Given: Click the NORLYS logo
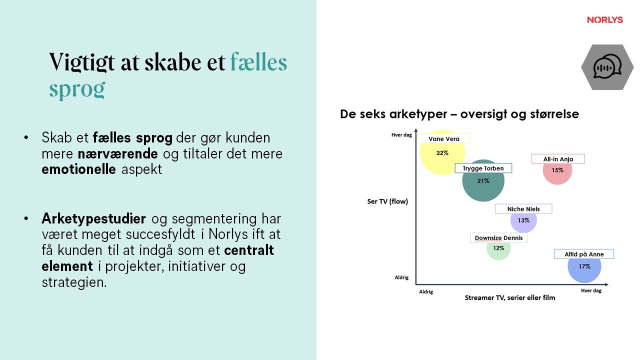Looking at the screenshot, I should [605, 20].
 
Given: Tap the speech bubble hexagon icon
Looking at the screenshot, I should [607, 67].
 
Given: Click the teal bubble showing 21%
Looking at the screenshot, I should [483, 181].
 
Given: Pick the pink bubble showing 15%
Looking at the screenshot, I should [557, 170].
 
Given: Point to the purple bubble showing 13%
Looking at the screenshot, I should [523, 220].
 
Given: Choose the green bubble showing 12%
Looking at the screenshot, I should [498, 248].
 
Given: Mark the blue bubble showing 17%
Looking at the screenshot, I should [584, 266].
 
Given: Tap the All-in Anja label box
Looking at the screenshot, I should [557, 159].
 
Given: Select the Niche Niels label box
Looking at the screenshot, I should [523, 209].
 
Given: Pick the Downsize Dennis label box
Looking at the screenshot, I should [498, 238].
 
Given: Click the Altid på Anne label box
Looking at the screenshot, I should [584, 254].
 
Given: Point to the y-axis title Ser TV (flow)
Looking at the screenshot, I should [387, 201].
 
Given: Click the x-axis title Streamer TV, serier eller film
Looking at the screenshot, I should [510, 297].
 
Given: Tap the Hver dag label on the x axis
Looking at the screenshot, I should [591, 290].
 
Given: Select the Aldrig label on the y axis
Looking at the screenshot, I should [401, 277].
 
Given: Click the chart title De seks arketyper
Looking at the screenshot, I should [459, 114].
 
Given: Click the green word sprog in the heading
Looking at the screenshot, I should [77, 88].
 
